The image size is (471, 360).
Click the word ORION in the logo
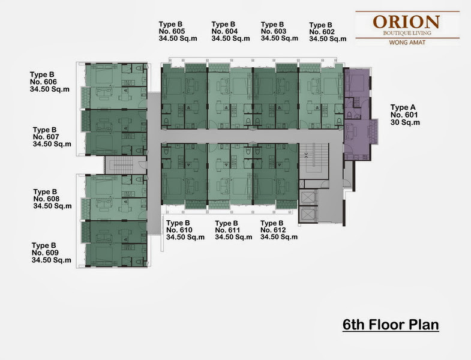click(406, 22)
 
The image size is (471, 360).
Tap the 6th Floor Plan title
click(391, 325)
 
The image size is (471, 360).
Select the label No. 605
click(172, 31)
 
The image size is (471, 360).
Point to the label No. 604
click(224, 31)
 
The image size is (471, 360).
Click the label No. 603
click(274, 31)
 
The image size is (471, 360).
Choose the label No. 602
click(322, 32)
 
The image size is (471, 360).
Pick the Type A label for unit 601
click(403, 107)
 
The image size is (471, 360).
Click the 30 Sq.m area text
click(405, 122)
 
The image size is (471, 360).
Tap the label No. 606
click(43, 82)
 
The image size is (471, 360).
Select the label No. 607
click(46, 137)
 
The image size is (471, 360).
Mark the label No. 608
click(46, 199)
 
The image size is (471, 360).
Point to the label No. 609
click(45, 253)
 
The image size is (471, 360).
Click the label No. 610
click(179, 230)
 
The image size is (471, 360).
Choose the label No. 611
click(227, 230)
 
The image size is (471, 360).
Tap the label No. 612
click(273, 230)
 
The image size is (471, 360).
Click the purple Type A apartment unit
click(358, 114)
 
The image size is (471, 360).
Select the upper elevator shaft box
click(308, 197)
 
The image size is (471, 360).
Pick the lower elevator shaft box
click(308, 215)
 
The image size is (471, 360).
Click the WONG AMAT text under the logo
click(407, 43)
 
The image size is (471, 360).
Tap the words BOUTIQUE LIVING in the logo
click(407, 33)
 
